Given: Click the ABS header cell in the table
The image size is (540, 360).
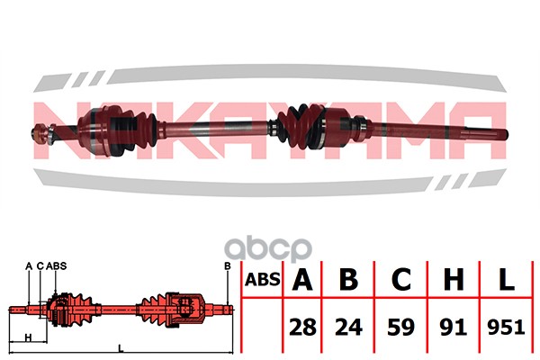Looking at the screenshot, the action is pyautogui.click(x=263, y=279).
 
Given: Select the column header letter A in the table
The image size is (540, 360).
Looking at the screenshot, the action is pyautogui.click(x=302, y=279).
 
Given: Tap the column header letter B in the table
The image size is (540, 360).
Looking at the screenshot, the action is pyautogui.click(x=348, y=279).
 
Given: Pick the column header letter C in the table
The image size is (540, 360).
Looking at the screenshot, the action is pyautogui.click(x=401, y=279).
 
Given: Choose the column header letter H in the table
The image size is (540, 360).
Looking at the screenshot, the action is pyautogui.click(x=454, y=279).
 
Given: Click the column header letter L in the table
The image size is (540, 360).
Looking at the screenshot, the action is pyautogui.click(x=506, y=279).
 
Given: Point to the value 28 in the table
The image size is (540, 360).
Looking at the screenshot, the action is pyautogui.click(x=302, y=327).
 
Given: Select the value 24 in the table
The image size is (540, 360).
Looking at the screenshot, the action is pyautogui.click(x=348, y=327).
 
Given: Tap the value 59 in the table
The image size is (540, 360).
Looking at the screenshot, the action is pyautogui.click(x=401, y=327).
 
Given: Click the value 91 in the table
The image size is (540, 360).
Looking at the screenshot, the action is pyautogui.click(x=454, y=327).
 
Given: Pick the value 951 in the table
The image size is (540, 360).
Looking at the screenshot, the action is pyautogui.click(x=506, y=327).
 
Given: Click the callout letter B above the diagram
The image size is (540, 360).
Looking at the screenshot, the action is pyautogui.click(x=228, y=266).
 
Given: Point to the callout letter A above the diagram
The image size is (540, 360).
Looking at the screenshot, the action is pyautogui.click(x=29, y=266).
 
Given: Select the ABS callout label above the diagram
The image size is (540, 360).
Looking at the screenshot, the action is pyautogui.click(x=56, y=266).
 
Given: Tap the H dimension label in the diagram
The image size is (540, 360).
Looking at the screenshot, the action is pyautogui.click(x=28, y=337).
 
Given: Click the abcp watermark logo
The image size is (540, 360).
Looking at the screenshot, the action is pyautogui.click(x=268, y=249).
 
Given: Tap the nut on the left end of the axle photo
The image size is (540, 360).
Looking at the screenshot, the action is pyautogui.click(x=39, y=133).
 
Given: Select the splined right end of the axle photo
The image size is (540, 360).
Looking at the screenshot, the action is pyautogui.click(x=486, y=132).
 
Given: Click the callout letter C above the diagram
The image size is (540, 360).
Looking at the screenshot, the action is pyautogui.click(x=40, y=266).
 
